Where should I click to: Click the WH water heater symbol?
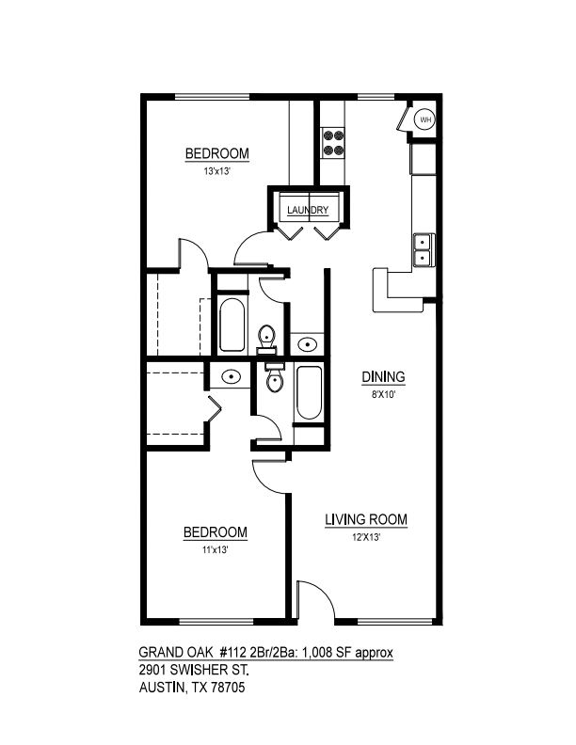(425, 119)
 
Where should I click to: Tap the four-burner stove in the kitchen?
(332, 141)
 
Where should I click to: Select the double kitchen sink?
(423, 249)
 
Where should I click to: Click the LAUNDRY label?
(308, 210)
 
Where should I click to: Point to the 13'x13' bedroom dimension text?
(216, 172)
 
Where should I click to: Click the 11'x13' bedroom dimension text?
(215, 551)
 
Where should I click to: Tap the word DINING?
(384, 377)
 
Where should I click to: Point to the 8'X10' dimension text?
(384, 395)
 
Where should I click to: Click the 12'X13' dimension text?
(365, 538)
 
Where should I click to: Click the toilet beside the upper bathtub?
(267, 335)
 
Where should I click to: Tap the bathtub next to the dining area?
(309, 394)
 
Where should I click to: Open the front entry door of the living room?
(314, 602)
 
